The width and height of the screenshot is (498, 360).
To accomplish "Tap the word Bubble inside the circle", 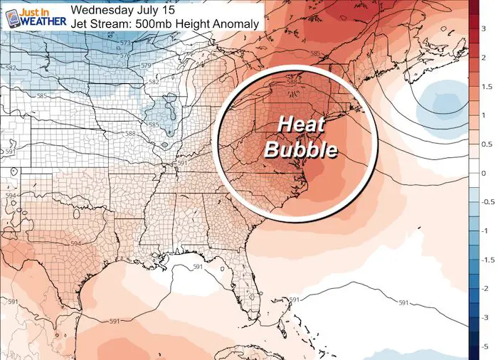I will point(301,151).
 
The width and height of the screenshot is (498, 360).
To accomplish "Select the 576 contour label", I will point(126,55).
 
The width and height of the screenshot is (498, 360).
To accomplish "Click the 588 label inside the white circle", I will point(290,83).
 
